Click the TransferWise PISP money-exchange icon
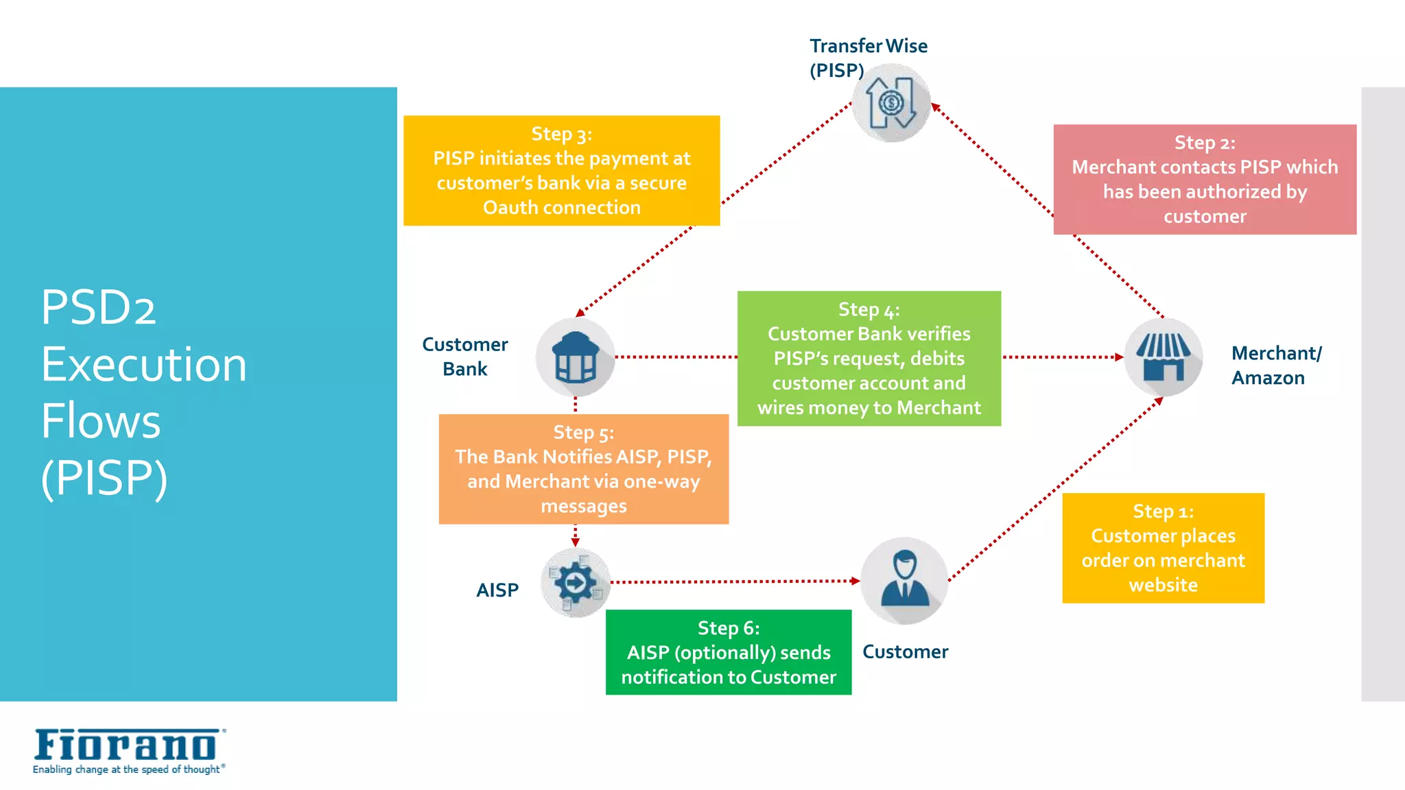point(890,104)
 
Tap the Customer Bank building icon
point(575,357)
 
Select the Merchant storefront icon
point(1163,357)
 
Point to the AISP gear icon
point(575,583)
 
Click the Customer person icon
point(904,581)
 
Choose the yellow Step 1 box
point(1163,548)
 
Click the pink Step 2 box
point(1205,180)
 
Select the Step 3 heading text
point(561,134)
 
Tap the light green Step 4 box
point(869,359)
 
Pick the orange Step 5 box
point(583,469)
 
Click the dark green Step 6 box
point(728,652)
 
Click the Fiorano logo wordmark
point(126,745)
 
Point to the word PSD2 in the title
point(99,307)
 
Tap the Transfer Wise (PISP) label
point(867,58)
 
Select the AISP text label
point(497,590)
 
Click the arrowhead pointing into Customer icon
point(855,581)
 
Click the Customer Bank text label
point(465,357)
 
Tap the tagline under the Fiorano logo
point(128,770)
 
